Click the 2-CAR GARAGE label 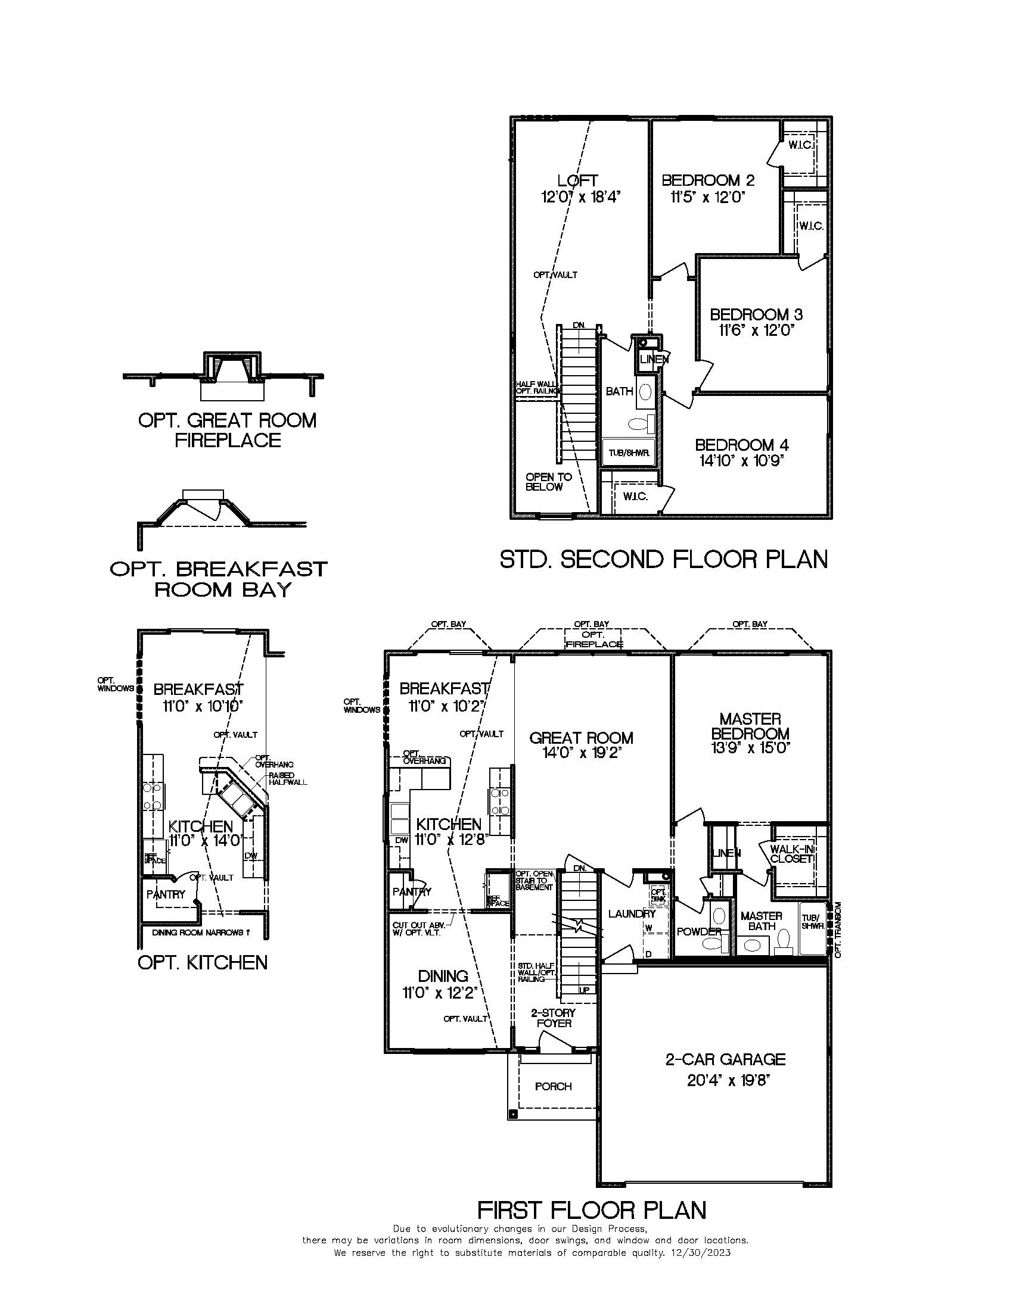pos(725,1059)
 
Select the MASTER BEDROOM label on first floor pos(750,726)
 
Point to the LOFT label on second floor pos(577,180)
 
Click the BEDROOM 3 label pos(756,314)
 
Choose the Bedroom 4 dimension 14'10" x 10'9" pos(742,461)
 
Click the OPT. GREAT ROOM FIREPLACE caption pos(228,430)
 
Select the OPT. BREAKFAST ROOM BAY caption pos(219,579)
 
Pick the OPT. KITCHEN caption pos(203,963)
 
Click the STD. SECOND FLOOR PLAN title pos(663,559)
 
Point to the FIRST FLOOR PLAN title pos(591,1210)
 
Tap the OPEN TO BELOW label pos(548,482)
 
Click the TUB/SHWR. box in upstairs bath pos(628,453)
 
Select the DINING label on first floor pos(443,976)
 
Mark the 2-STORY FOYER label pos(554,1018)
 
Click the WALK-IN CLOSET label pos(791,853)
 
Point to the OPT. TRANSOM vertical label pos(839,929)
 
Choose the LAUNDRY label pos(631,913)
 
